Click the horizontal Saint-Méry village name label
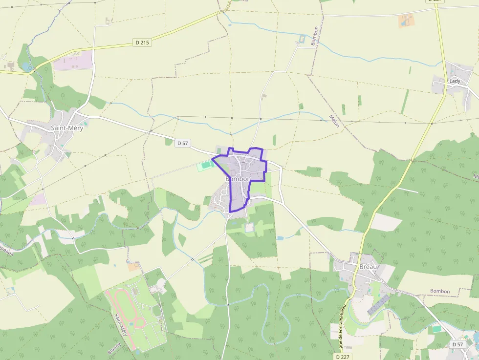(67, 128)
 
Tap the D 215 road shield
(142, 42)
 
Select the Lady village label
(455, 81)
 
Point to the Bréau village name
(369, 267)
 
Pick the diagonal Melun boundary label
(334, 121)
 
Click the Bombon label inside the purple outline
(238, 179)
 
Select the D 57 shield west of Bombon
(182, 143)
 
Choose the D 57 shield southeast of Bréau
(457, 344)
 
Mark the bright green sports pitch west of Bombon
(206, 166)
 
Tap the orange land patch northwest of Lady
(406, 20)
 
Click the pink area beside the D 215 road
(73, 61)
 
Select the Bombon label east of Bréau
(440, 291)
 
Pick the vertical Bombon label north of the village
(315, 36)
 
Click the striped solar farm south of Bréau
(379, 304)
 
